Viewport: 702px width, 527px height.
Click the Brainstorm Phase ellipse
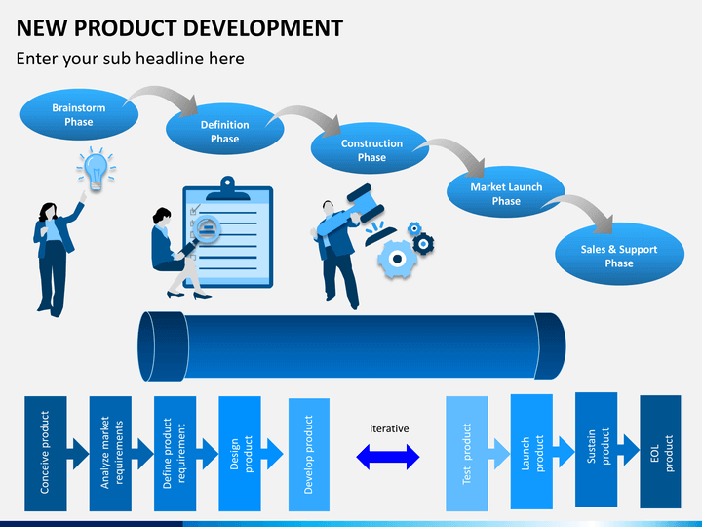(79, 114)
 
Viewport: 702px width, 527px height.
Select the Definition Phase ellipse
(225, 130)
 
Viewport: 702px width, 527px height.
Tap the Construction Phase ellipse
(370, 148)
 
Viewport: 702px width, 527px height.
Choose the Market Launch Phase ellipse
(506, 192)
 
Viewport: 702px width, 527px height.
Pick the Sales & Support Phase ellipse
(620, 255)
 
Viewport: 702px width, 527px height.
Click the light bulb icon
(96, 170)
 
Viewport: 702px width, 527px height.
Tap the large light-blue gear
(396, 259)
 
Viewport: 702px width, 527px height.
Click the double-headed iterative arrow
(388, 457)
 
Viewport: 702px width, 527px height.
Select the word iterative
(389, 428)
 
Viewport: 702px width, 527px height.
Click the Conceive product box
(46, 454)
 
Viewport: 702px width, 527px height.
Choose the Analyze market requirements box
(110, 454)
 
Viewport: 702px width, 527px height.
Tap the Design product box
(240, 454)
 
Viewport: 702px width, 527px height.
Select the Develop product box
(309, 455)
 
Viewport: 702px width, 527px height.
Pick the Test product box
(467, 454)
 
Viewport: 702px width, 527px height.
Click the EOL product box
(660, 452)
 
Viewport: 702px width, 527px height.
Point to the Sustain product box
(597, 450)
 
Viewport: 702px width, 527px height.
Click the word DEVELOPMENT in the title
(263, 27)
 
